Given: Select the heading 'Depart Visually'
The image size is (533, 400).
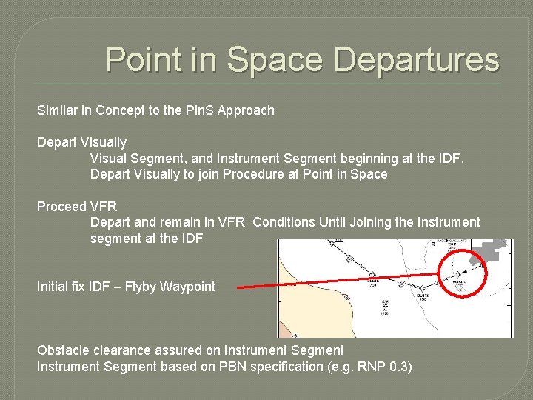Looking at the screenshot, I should [x=81, y=142].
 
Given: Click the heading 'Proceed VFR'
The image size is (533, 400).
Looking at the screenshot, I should [x=77, y=206].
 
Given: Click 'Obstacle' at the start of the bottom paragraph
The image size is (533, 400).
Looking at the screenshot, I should [x=63, y=350].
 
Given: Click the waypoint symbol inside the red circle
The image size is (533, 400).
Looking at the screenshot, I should [x=457, y=274].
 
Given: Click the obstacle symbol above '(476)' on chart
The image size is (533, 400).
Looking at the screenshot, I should [x=385, y=303].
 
